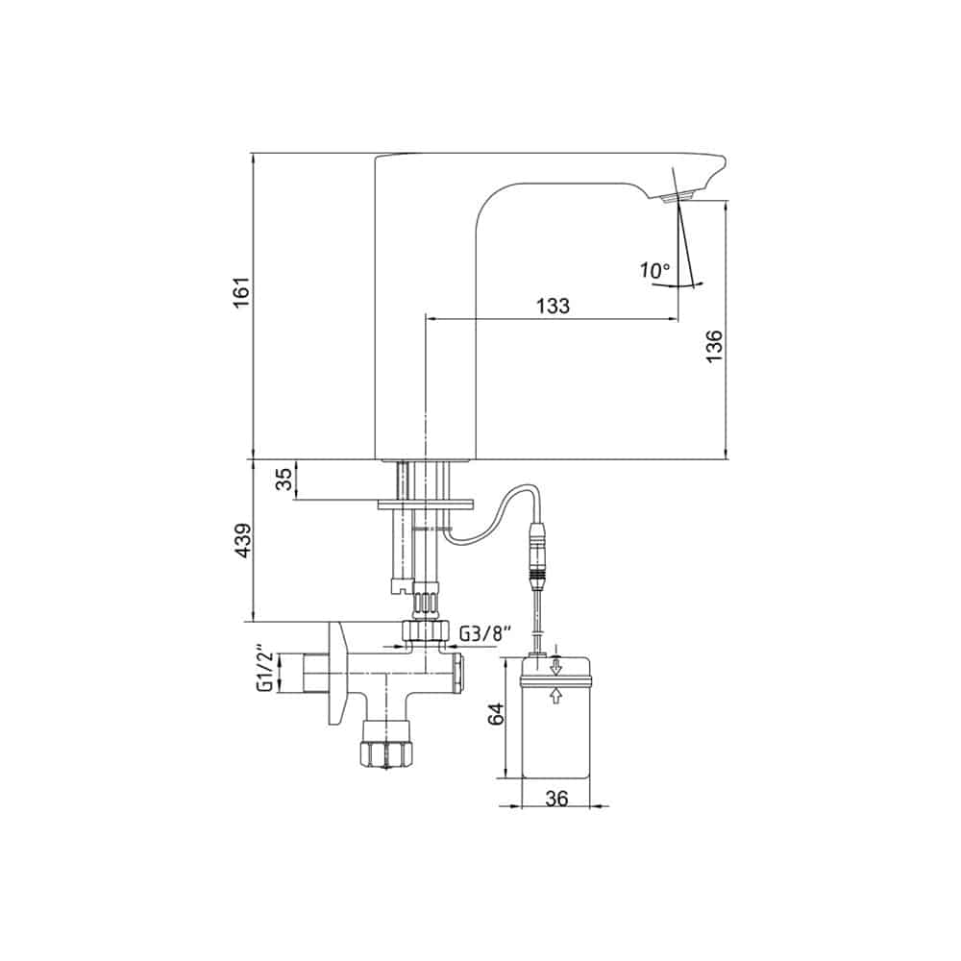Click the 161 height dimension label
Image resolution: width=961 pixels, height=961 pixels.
[x=242, y=292]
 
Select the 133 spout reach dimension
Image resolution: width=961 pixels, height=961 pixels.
[x=553, y=306]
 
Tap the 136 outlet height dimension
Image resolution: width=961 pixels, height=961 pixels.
[x=714, y=346]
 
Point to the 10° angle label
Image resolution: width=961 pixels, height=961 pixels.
[x=655, y=270]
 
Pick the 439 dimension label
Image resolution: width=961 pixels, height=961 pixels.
[x=243, y=540]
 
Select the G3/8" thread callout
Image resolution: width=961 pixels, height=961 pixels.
[x=483, y=633]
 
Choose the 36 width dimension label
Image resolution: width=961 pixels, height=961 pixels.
[x=556, y=798]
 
